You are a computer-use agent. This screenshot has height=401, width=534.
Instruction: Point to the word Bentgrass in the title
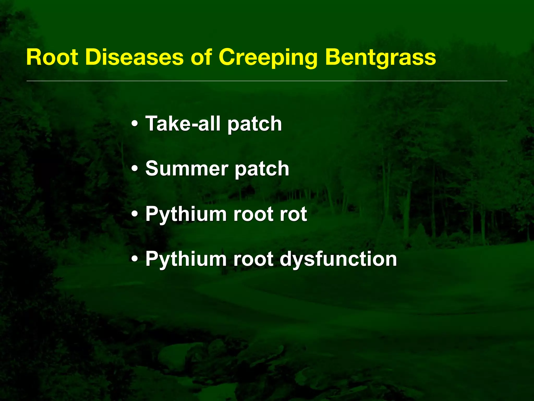[x=380, y=58]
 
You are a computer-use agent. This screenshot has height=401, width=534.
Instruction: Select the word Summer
[x=186, y=168]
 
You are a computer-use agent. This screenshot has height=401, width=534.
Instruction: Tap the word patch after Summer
[x=262, y=169]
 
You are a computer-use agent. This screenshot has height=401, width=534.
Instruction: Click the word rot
[x=293, y=214]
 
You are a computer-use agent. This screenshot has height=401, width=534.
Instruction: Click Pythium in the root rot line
[x=186, y=214]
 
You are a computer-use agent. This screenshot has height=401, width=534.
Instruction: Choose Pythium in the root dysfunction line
[x=186, y=259]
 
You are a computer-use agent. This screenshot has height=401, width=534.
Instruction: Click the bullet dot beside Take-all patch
[x=135, y=124]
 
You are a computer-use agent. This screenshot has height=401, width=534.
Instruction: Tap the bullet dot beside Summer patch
[x=135, y=169]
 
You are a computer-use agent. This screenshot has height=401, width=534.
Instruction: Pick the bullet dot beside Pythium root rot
[x=135, y=214]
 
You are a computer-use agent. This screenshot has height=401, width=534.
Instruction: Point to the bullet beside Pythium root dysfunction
[x=135, y=259]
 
